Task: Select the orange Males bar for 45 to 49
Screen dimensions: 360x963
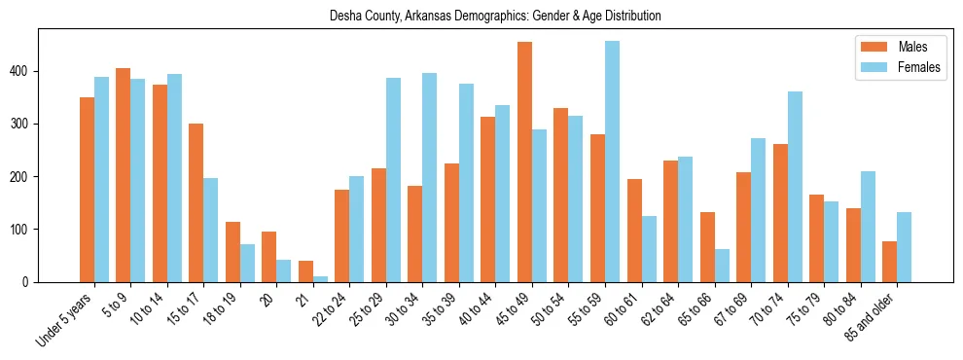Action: click(x=524, y=162)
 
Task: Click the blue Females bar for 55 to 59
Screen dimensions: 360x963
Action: click(x=612, y=162)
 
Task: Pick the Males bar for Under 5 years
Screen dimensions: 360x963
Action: click(x=87, y=190)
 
